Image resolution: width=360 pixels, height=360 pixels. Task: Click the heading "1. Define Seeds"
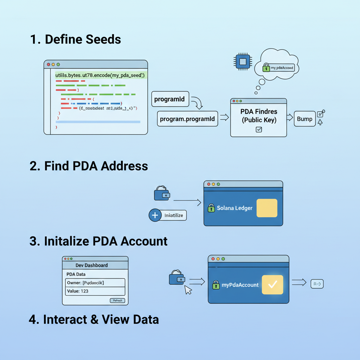click(x=76, y=39)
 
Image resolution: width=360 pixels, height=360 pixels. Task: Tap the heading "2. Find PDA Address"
click(x=89, y=166)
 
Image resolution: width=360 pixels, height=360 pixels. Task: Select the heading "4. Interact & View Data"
click(x=94, y=320)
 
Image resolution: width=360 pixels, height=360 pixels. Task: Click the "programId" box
click(x=169, y=99)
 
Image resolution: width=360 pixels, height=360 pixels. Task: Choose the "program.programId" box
click(x=187, y=119)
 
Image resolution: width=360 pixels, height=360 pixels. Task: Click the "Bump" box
click(x=304, y=119)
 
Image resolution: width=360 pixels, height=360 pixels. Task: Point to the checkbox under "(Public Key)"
click(x=259, y=129)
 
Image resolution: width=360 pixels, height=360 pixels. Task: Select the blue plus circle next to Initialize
click(x=155, y=215)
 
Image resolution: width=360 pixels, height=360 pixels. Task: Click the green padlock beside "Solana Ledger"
click(x=211, y=208)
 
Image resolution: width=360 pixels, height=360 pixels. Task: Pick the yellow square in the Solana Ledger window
click(x=267, y=208)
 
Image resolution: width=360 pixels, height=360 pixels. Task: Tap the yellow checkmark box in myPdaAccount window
click(x=272, y=285)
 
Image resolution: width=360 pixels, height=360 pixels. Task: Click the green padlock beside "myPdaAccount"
click(x=216, y=285)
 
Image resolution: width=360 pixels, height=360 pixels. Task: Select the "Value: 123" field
click(x=95, y=291)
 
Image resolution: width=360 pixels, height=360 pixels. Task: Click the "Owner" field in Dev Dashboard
click(x=95, y=283)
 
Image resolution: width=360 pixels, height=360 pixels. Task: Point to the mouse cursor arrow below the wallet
click(x=188, y=290)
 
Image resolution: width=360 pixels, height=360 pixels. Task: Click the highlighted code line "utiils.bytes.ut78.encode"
click(x=100, y=76)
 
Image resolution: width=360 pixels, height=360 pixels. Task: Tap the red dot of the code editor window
click(x=49, y=65)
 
